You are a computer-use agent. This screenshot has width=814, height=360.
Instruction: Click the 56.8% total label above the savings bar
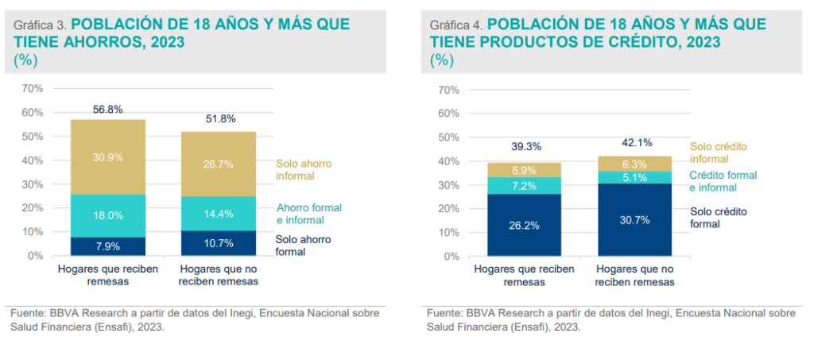click(x=107, y=110)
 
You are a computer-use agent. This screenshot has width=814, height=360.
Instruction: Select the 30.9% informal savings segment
click(x=107, y=157)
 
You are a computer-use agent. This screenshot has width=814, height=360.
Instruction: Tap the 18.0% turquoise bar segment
click(x=107, y=215)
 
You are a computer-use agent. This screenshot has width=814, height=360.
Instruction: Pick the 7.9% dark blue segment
click(x=107, y=246)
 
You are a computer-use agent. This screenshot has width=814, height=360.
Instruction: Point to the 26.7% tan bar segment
click(x=219, y=164)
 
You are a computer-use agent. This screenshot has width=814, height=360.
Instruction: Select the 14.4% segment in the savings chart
click(x=219, y=214)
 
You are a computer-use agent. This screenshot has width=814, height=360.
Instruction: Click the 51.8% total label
click(x=219, y=119)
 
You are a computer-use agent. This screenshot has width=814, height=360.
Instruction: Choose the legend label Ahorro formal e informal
click(x=308, y=213)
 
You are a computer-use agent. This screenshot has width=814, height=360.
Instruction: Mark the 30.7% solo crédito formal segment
click(x=635, y=219)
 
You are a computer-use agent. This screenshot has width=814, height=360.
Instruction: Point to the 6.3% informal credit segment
click(x=635, y=164)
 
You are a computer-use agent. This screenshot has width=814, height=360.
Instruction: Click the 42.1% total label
click(x=635, y=143)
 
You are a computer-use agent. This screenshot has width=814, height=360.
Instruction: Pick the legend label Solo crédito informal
click(x=719, y=153)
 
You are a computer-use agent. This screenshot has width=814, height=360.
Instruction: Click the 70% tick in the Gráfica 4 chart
click(x=448, y=89)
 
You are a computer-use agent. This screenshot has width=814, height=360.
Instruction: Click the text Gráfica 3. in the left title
click(x=36, y=25)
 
